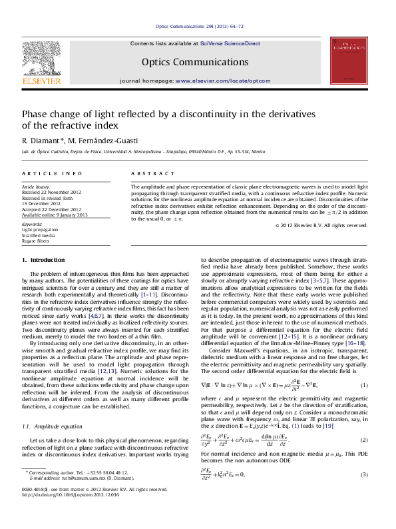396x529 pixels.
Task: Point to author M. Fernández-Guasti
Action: [x=102, y=141]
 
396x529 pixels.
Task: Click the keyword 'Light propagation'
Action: [x=39, y=230]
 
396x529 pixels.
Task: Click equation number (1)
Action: [x=364, y=386]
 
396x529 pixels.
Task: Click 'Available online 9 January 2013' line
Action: [x=55, y=215]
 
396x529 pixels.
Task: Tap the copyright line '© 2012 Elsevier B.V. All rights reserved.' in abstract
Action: [x=321, y=225]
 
